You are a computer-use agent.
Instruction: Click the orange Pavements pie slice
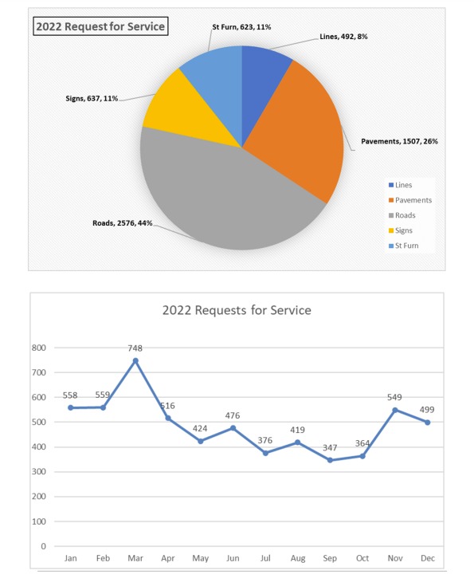coord(295,127)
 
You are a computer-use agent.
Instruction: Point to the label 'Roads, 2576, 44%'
coord(123,223)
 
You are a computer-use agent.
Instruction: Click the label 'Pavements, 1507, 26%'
coord(399,141)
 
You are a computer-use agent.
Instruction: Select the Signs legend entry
coord(401,230)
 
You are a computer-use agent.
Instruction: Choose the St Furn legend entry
coord(403,246)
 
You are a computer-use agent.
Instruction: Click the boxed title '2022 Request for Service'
coord(100,26)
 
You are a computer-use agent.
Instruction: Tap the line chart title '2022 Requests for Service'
coord(237,310)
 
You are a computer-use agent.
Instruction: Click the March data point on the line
coord(135,360)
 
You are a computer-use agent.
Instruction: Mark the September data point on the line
coord(330,460)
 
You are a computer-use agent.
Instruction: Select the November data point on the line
coord(395,410)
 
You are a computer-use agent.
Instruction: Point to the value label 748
coord(135,348)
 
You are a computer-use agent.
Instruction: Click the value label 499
coord(427,410)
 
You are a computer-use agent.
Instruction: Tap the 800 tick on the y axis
coord(39,348)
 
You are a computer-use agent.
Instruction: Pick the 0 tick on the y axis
coord(43,546)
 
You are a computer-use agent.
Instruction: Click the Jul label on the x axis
coord(265,558)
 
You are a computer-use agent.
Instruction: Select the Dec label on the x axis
coord(428,558)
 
